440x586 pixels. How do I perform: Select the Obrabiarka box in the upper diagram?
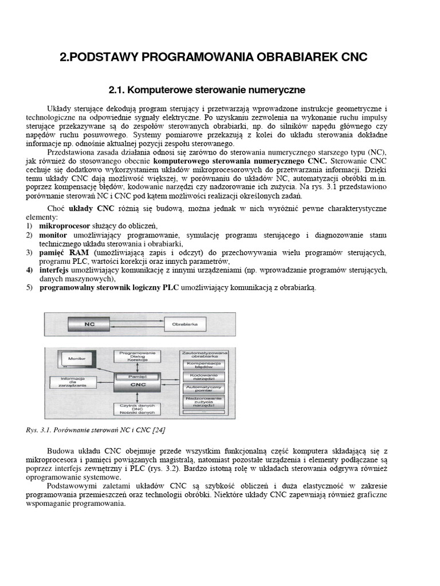184,324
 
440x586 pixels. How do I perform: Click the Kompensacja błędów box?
205,365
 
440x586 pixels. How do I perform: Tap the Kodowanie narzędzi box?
205,378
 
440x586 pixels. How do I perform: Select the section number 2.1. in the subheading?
117,90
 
